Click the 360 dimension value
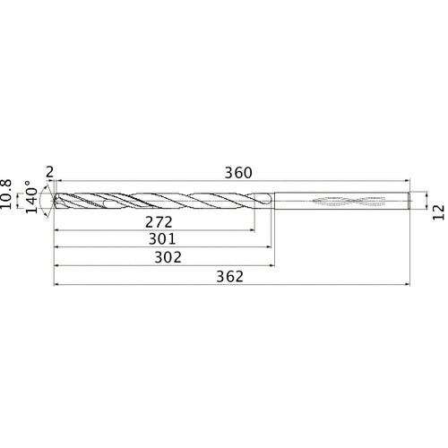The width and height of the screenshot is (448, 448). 238,172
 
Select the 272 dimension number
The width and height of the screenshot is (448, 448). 160,220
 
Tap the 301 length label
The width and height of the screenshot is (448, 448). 160,239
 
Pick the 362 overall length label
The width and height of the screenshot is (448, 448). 231,277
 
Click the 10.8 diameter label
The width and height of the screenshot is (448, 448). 10,194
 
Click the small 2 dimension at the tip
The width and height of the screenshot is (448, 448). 49,172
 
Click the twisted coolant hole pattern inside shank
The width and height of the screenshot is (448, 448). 345,201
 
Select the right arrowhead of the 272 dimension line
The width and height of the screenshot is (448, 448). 252,229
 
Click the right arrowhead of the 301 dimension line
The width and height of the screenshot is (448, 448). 270,247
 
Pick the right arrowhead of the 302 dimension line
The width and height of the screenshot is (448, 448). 272,266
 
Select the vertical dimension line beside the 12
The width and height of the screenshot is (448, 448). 425,202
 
